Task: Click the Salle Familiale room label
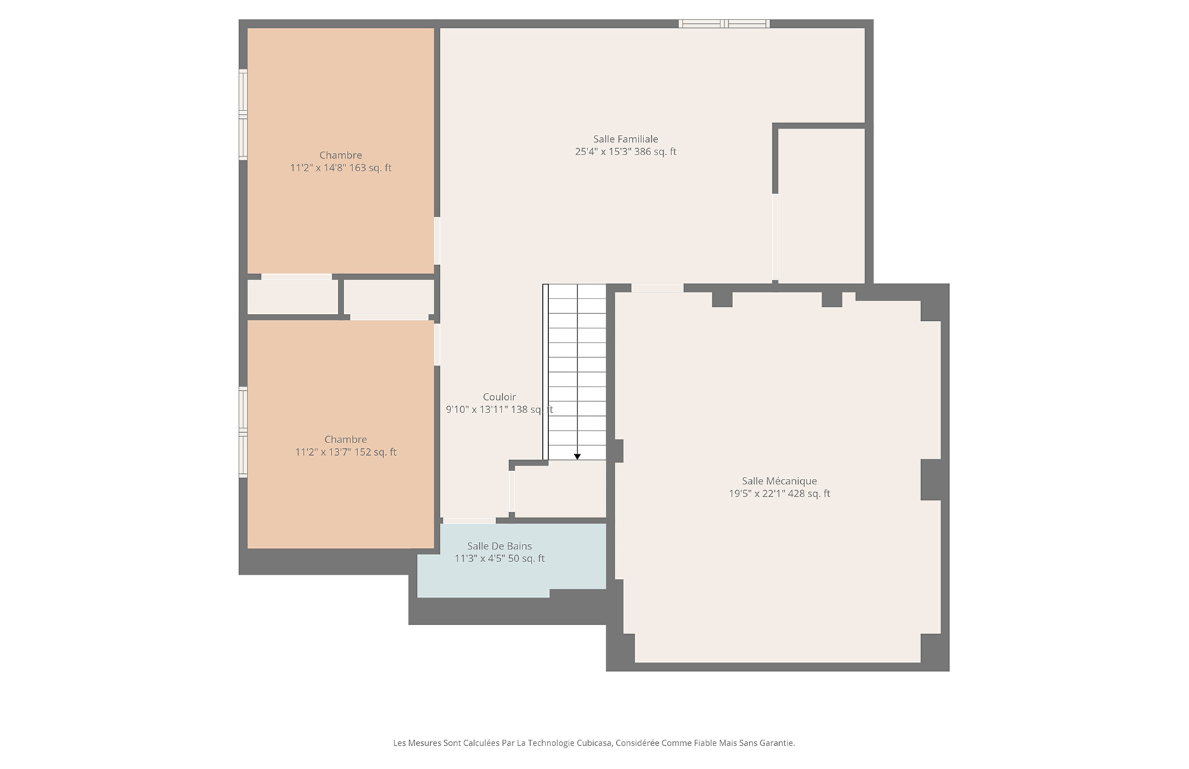[x=625, y=139]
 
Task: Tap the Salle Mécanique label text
[x=779, y=481]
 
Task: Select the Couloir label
[x=499, y=397]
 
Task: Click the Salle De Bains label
[x=499, y=546]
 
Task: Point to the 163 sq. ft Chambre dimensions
[x=340, y=168]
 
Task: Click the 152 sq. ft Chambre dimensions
[x=346, y=452]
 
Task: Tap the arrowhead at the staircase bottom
[x=577, y=457]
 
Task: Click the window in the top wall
[x=724, y=23]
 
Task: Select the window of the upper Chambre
[x=243, y=115]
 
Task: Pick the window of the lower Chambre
[x=243, y=432]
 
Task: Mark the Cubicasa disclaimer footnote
[x=593, y=743]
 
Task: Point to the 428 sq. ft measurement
[x=809, y=494]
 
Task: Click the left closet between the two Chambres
[x=292, y=296]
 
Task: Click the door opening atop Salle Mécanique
[x=657, y=288]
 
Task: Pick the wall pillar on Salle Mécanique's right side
[x=930, y=480]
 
